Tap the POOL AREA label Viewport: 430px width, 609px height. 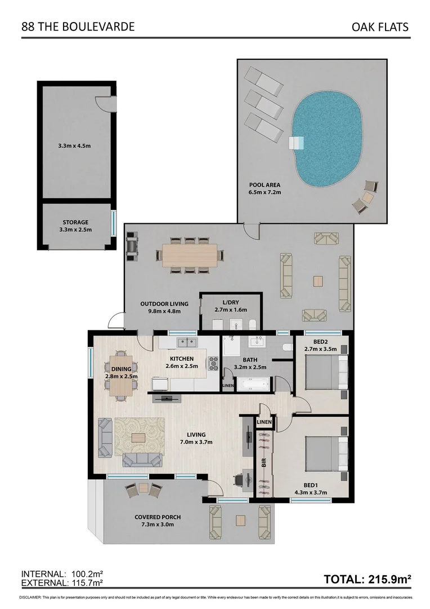[265, 188]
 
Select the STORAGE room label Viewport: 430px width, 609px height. [75, 226]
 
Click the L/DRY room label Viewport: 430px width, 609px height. [231, 306]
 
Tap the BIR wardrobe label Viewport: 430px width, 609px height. [263, 463]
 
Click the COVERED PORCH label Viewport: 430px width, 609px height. [158, 520]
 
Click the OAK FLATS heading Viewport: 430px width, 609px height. [379, 27]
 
